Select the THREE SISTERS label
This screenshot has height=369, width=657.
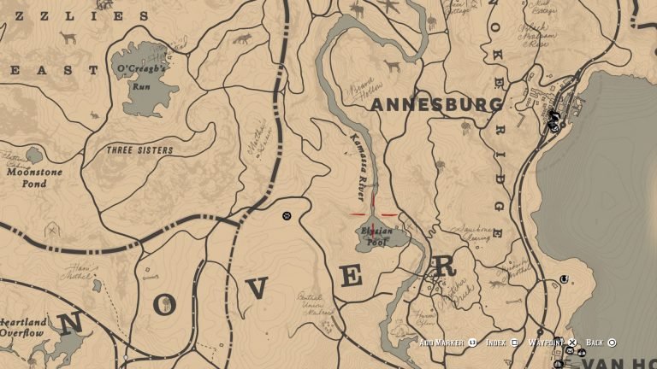140,150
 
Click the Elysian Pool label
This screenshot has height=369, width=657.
377,236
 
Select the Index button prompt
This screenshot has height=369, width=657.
501,343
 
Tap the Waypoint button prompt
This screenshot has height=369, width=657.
552,343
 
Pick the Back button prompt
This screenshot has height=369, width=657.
600,343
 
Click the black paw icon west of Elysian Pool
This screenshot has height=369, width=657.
287,217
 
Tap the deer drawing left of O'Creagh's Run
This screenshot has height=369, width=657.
68,38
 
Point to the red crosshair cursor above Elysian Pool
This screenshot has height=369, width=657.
373,214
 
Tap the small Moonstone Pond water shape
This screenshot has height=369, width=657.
33,155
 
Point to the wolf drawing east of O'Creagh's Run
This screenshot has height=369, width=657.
242,39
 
